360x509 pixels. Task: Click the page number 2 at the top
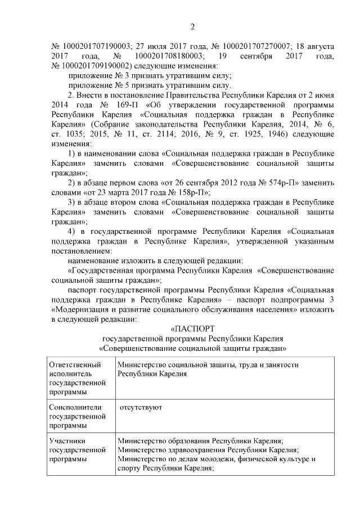[192, 27]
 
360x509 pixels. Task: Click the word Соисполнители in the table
[75, 407]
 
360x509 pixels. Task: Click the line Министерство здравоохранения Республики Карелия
[208, 449]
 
